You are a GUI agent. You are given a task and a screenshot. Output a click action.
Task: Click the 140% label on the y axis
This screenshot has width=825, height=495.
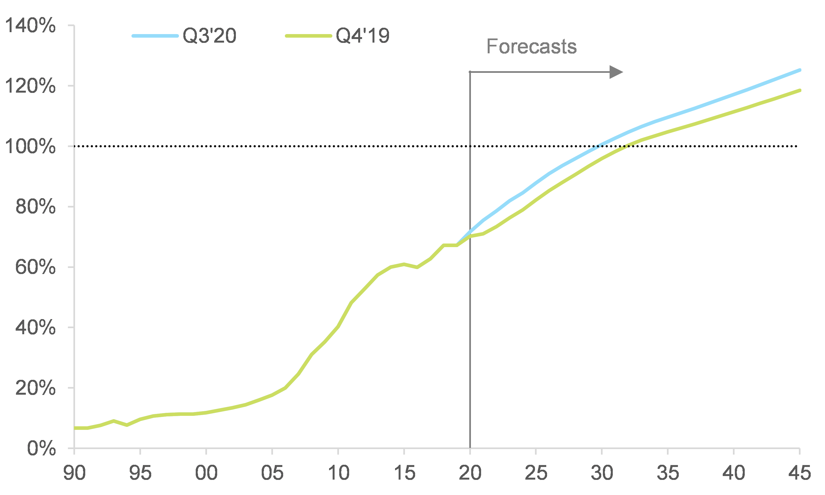30,25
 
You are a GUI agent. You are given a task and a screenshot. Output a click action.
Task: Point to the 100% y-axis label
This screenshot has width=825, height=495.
30,146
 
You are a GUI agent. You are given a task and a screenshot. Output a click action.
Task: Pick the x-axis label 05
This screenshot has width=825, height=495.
272,473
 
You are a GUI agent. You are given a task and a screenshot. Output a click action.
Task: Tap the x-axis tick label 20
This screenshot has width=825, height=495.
470,473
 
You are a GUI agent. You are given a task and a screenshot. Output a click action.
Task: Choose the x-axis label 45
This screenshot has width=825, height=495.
799,473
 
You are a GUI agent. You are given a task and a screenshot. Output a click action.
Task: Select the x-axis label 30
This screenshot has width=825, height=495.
602,473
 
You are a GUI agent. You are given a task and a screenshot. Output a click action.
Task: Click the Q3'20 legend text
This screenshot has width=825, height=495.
209,36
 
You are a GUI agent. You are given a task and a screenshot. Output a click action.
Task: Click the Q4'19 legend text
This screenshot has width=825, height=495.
363,36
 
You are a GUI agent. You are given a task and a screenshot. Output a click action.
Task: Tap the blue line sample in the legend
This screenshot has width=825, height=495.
155,36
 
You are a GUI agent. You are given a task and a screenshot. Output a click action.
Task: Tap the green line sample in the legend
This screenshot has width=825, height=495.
308,36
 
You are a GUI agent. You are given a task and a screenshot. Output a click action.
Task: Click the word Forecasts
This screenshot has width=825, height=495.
531,46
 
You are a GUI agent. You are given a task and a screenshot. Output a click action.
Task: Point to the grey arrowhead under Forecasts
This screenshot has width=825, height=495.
615,72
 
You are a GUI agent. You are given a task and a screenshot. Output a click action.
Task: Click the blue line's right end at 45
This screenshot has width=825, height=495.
799,70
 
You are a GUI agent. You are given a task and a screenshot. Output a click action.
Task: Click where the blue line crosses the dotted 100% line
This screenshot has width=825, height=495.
597,146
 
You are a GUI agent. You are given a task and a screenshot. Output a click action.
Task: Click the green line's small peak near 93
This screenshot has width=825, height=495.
114,421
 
